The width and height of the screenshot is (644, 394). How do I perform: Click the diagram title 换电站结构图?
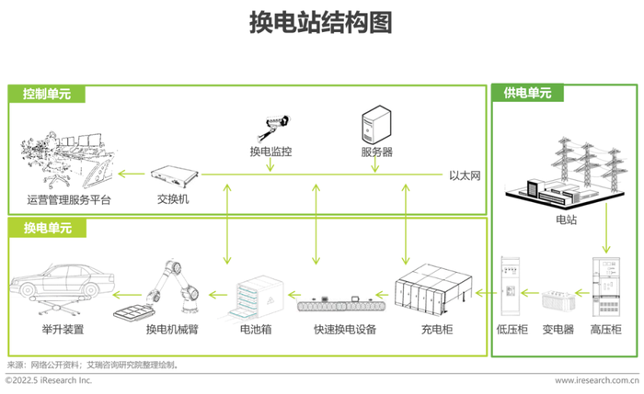point(321,22)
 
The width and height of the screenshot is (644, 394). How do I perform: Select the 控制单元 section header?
point(47,94)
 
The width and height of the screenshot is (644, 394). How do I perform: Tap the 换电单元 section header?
point(48,228)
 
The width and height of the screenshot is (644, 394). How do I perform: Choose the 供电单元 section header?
point(527,93)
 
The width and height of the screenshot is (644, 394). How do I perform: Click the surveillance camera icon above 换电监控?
point(272,127)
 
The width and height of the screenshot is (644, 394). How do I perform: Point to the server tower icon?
point(376,125)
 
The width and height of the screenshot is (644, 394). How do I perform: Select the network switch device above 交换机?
point(174,176)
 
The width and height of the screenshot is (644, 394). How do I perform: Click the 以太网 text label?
point(465,175)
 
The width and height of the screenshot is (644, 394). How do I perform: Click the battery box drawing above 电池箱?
point(256,297)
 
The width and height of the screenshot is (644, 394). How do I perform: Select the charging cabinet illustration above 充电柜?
point(433,288)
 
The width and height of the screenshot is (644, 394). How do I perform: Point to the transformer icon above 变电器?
point(558,300)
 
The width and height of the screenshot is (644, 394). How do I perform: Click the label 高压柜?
point(605,329)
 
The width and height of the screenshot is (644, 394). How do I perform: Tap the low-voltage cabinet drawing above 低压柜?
point(510,287)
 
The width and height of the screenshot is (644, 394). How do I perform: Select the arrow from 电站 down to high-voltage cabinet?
point(606,228)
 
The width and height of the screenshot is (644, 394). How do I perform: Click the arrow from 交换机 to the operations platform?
point(132,174)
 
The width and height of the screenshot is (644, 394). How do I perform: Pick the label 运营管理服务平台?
point(69,200)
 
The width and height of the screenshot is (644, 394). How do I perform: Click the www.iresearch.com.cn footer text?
point(597,380)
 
